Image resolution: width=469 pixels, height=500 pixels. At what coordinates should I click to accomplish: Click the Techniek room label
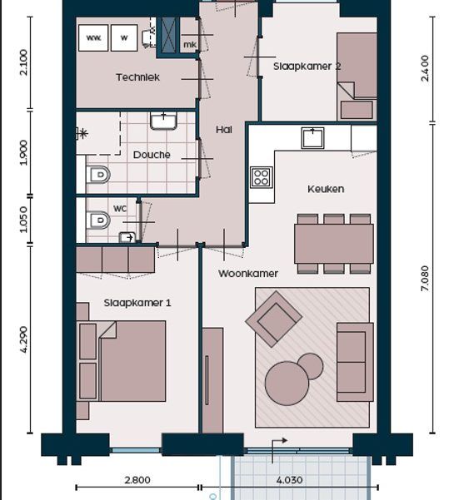click(137, 77)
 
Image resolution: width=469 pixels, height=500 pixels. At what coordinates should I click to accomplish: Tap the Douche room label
click(152, 155)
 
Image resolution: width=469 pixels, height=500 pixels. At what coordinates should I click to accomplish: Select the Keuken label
click(326, 189)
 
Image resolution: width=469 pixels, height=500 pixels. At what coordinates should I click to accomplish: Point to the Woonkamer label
click(248, 274)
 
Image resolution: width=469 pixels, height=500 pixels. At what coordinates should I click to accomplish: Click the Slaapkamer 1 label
click(137, 303)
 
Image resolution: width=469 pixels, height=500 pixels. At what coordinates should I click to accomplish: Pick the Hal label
click(224, 130)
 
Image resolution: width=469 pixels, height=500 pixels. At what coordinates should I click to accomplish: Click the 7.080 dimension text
click(425, 278)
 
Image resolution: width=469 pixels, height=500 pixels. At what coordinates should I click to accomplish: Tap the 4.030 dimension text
click(289, 480)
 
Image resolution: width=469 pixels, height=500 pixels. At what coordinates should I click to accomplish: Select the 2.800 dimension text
click(137, 480)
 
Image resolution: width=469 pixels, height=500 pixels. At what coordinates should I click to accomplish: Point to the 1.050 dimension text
click(23, 220)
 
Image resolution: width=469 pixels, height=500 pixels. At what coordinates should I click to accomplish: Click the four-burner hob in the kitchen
click(262, 177)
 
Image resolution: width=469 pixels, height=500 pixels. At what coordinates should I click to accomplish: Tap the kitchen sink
click(312, 138)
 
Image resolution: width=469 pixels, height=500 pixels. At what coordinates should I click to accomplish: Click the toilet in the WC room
click(99, 220)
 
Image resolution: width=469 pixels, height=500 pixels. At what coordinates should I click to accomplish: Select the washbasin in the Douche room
click(163, 121)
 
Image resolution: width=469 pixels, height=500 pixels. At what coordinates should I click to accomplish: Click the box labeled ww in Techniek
click(93, 38)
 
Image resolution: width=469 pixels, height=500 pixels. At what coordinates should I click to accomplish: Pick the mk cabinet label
click(190, 45)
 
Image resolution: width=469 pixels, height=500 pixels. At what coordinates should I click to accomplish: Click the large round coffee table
click(287, 384)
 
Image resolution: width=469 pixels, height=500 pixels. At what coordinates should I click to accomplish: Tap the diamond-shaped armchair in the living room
click(273, 319)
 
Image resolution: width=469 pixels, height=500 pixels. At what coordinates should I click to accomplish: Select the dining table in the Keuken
click(334, 244)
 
